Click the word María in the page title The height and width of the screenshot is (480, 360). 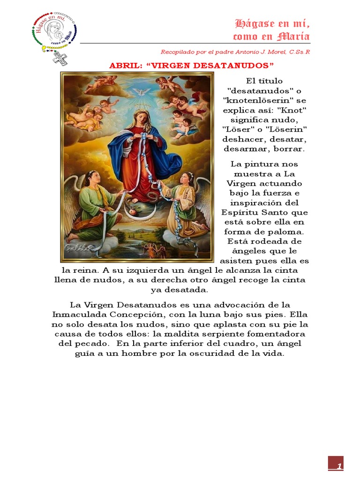(293, 37)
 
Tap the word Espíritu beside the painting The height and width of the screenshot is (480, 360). (244, 212)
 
